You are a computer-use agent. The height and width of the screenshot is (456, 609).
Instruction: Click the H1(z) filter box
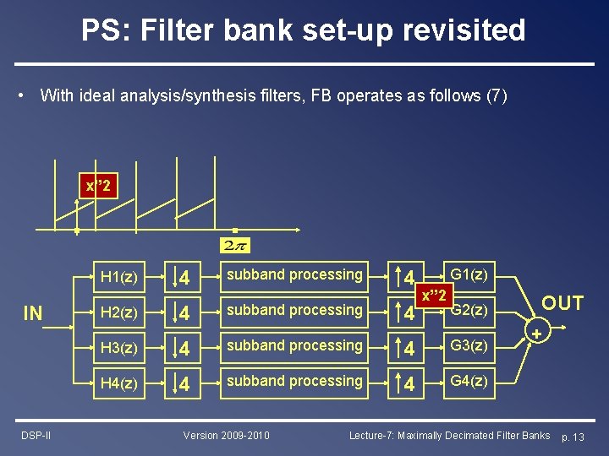(119, 276)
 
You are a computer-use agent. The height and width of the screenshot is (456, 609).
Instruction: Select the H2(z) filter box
(119, 312)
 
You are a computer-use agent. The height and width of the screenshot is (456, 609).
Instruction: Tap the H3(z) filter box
(119, 347)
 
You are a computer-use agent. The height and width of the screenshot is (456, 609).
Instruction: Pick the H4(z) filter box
(119, 383)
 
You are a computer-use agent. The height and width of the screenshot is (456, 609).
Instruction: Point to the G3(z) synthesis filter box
(469, 346)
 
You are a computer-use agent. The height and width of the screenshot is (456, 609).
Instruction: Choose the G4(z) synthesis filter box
(469, 382)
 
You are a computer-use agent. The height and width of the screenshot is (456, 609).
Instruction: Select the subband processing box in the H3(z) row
(294, 345)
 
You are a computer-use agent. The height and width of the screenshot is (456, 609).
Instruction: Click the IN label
(32, 314)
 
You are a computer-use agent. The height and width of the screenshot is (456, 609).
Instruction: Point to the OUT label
(562, 303)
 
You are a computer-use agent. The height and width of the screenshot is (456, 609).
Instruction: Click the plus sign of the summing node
(536, 334)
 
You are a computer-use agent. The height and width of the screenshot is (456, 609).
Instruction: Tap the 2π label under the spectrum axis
(234, 245)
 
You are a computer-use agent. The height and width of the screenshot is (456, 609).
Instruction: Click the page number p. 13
(578, 436)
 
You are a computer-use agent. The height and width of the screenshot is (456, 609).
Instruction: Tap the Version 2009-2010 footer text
(227, 435)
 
